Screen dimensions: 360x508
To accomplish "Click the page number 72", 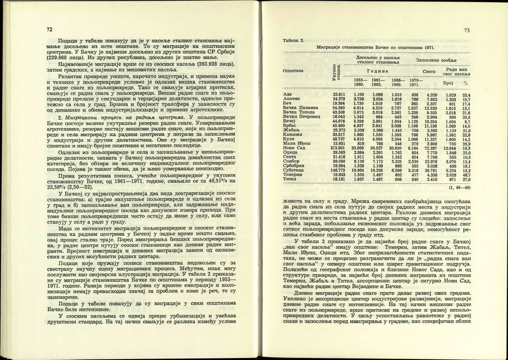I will [49, 29].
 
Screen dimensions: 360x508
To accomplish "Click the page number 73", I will [467, 30].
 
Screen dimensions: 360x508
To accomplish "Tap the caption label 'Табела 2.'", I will [293, 40].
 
